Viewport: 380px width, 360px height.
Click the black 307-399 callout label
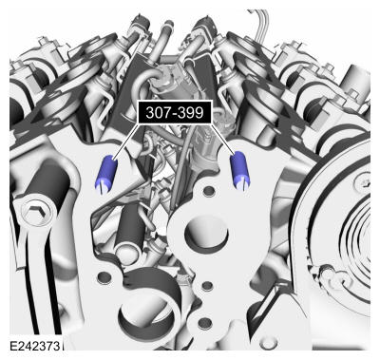[x=175, y=112]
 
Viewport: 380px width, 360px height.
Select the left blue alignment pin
[x=106, y=174]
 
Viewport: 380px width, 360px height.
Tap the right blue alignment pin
[x=240, y=171]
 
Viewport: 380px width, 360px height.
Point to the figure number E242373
[x=34, y=346]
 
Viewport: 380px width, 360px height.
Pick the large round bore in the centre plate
[x=206, y=233]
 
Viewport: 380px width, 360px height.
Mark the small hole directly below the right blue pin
[x=209, y=191]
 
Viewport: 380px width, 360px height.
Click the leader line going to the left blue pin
[x=125, y=141]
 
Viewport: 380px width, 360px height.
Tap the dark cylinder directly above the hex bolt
[x=48, y=181]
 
